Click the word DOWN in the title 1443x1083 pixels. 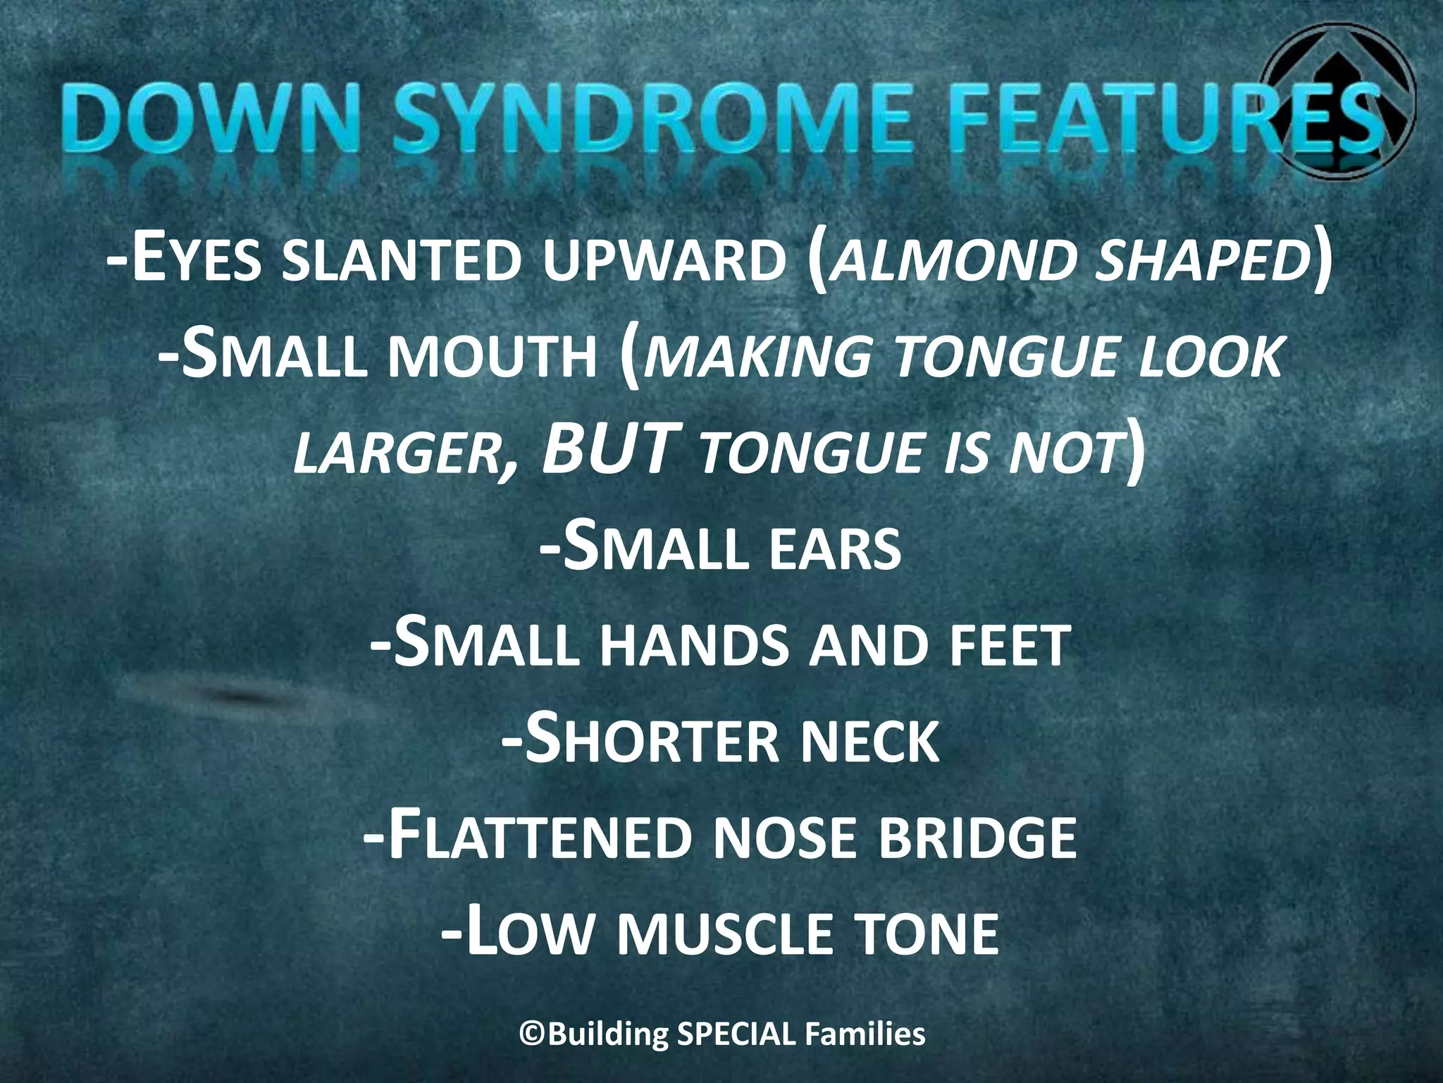(x=178, y=116)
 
